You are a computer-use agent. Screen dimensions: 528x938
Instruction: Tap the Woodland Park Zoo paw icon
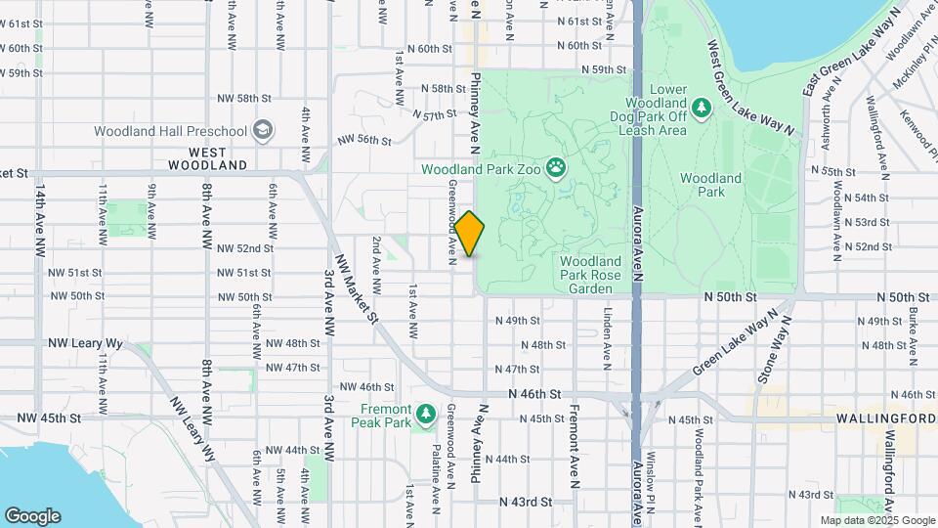tap(555, 168)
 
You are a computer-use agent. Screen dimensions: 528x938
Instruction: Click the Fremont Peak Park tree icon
tap(426, 416)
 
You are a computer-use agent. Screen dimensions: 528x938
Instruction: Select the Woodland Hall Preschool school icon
tap(262, 130)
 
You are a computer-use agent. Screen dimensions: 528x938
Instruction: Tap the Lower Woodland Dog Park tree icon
tap(700, 106)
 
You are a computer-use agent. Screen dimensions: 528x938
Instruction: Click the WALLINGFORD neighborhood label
tap(886, 418)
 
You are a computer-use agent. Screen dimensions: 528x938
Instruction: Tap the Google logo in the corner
tap(32, 515)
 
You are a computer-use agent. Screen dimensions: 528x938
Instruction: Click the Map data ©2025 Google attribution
tap(876, 520)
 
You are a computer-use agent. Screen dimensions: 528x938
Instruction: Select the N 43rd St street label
tap(526, 502)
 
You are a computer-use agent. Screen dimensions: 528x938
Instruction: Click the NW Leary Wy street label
tap(86, 344)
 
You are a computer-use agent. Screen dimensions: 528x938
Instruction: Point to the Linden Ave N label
tap(607, 333)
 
